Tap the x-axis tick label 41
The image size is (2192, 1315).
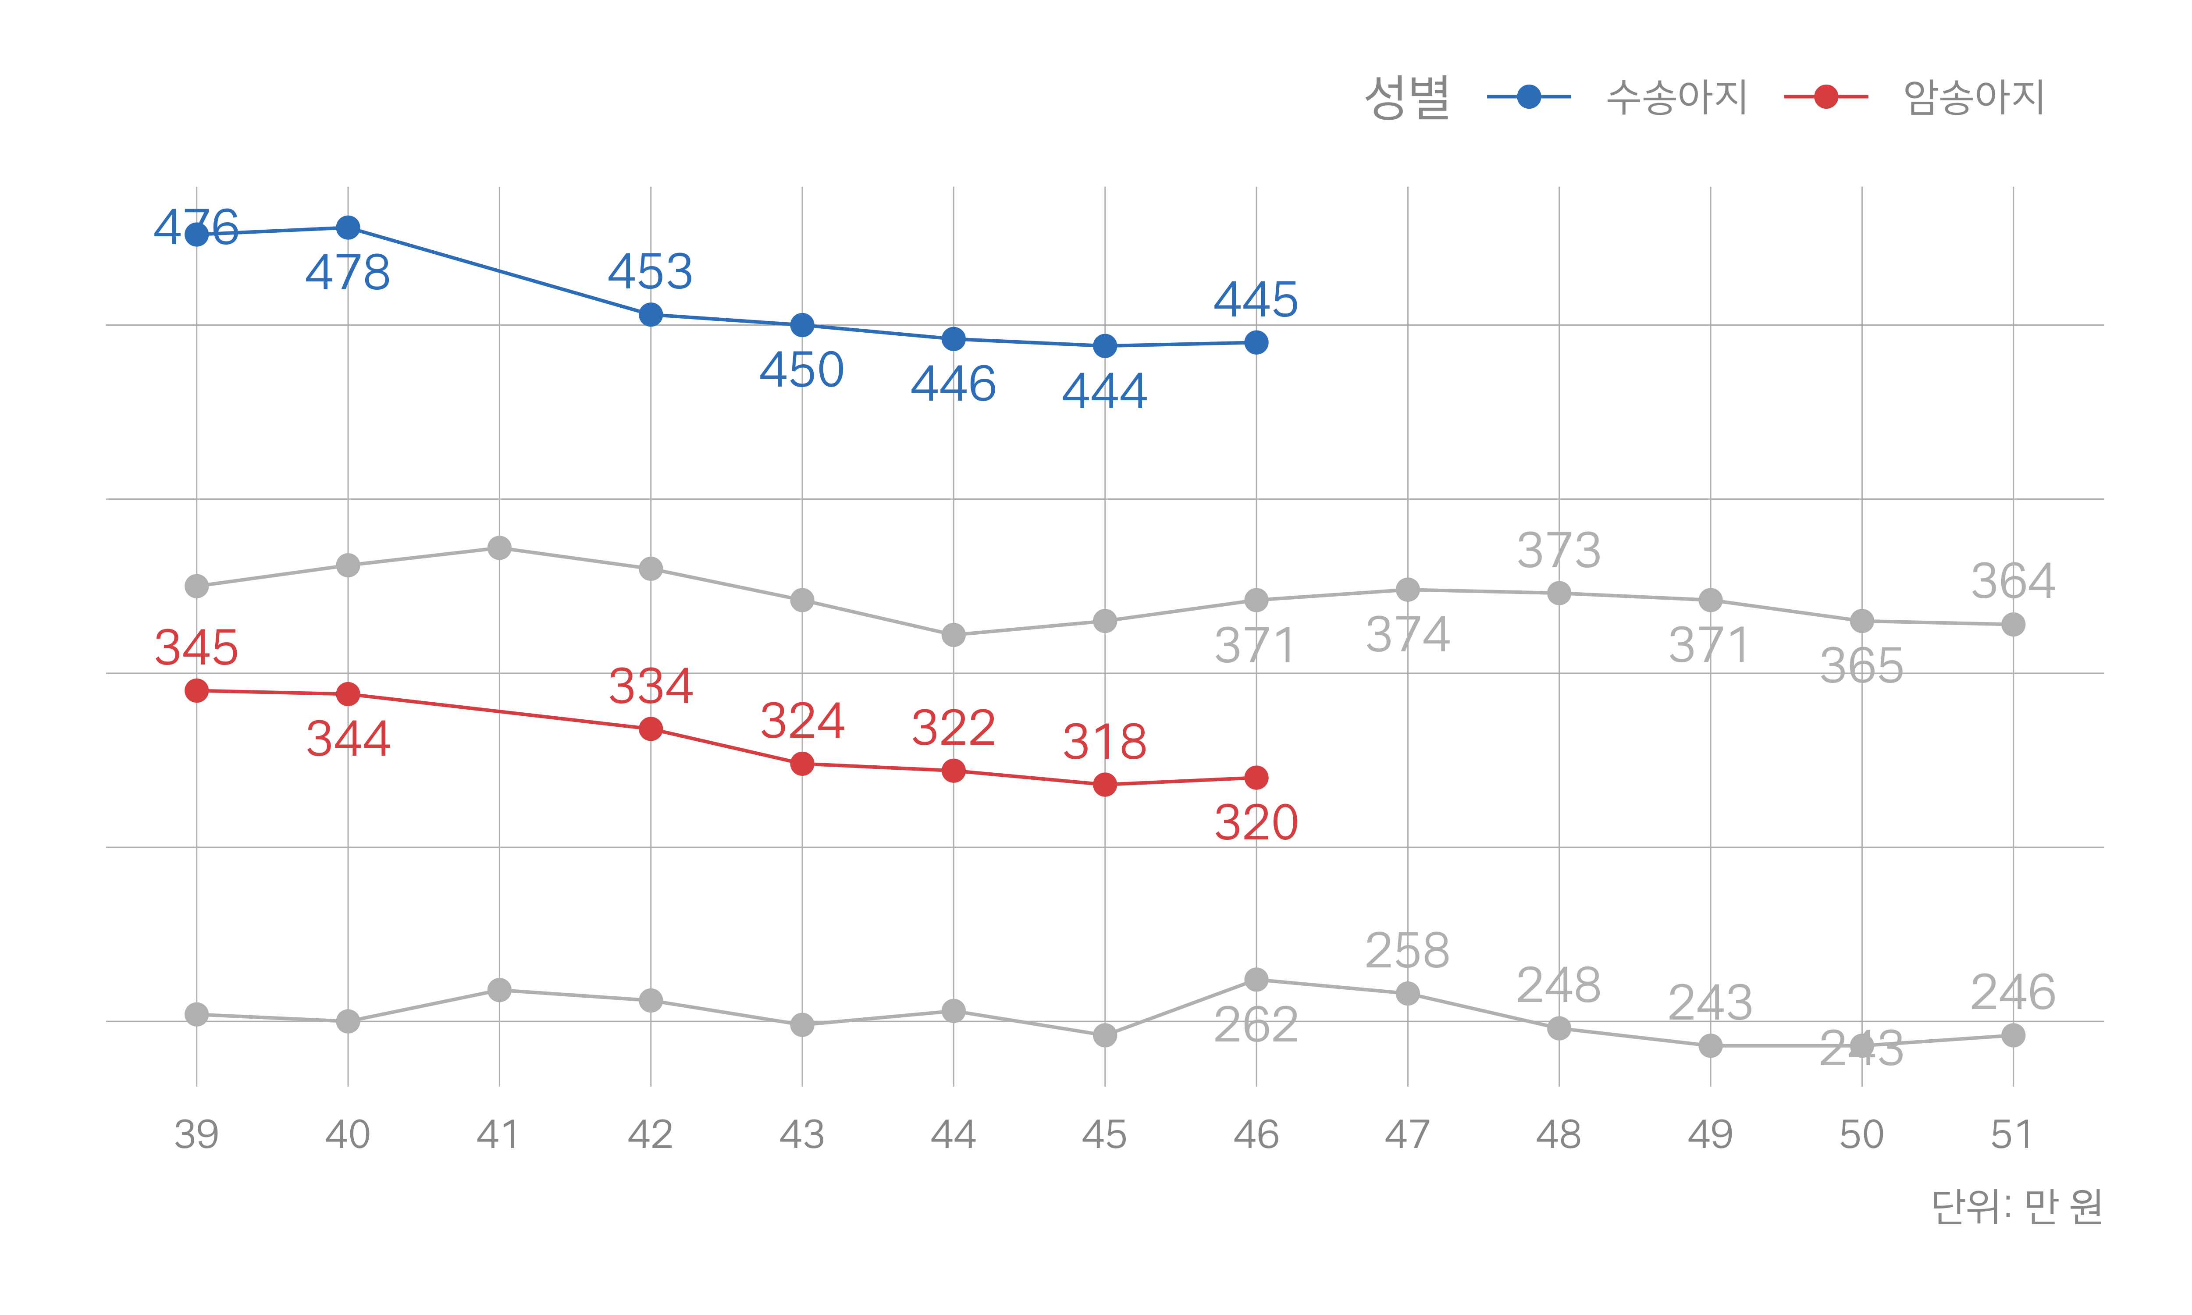[x=499, y=1134]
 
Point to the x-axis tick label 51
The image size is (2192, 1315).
[x=2012, y=1134]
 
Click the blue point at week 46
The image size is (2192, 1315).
[x=1256, y=342]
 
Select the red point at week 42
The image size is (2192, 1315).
[x=650, y=729]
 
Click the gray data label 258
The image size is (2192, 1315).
[x=1407, y=951]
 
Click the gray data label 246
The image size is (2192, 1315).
[x=2012, y=992]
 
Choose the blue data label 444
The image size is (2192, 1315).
[x=1104, y=391]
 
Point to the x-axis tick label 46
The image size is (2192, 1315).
[x=1256, y=1134]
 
